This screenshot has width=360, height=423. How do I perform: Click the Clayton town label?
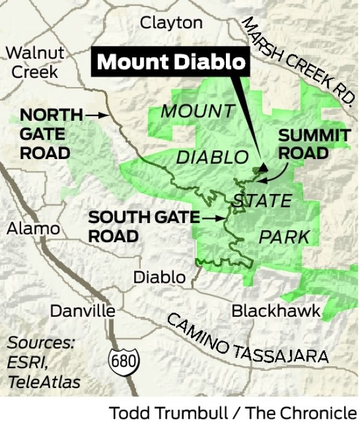[x=171, y=23]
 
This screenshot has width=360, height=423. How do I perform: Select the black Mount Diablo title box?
[x=172, y=62]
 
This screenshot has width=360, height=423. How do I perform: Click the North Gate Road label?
[x=51, y=133]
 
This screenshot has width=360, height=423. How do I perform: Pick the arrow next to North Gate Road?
[x=95, y=114]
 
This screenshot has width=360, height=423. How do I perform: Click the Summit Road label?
[x=313, y=144]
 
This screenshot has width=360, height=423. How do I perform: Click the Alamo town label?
[x=34, y=228]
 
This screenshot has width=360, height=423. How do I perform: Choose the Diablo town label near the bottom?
[x=159, y=277]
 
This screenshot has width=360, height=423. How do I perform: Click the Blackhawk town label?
[x=276, y=311]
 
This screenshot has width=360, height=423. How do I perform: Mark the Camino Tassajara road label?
[x=247, y=340]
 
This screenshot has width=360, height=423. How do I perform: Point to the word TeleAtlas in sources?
[x=44, y=381]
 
